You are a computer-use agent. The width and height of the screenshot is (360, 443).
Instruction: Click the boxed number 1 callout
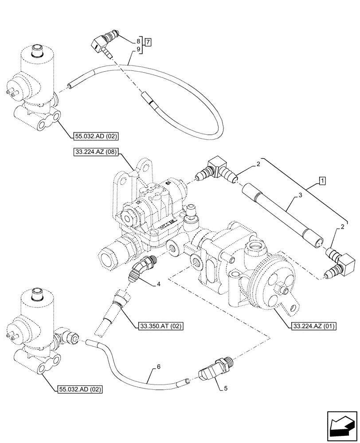point(322,181)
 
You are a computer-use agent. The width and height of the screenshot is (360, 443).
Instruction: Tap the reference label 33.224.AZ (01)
point(314,326)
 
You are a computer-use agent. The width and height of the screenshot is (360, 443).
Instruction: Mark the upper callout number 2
point(257,165)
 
